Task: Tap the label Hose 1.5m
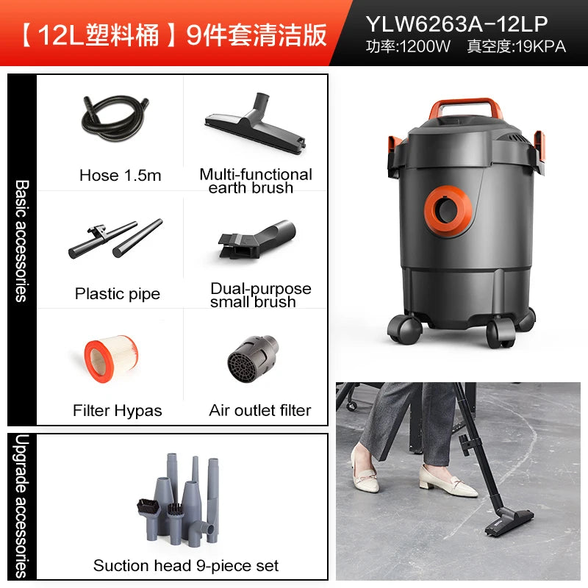coord(121,176)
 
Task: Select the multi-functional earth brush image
coord(256,123)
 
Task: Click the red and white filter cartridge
coord(111,359)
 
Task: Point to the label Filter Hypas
coord(118,411)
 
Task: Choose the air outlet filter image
coord(253,359)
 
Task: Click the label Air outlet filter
coord(260,410)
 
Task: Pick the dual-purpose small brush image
coord(257,240)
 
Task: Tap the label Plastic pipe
coord(118,293)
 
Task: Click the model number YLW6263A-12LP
coord(456,24)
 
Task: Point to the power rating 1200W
coord(425,47)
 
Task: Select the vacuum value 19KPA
coord(541,47)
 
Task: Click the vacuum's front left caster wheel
coord(404,329)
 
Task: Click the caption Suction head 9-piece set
coord(186,565)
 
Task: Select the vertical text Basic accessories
coord(22,241)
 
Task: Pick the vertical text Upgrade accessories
coord(22,506)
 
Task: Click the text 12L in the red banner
coord(61,35)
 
